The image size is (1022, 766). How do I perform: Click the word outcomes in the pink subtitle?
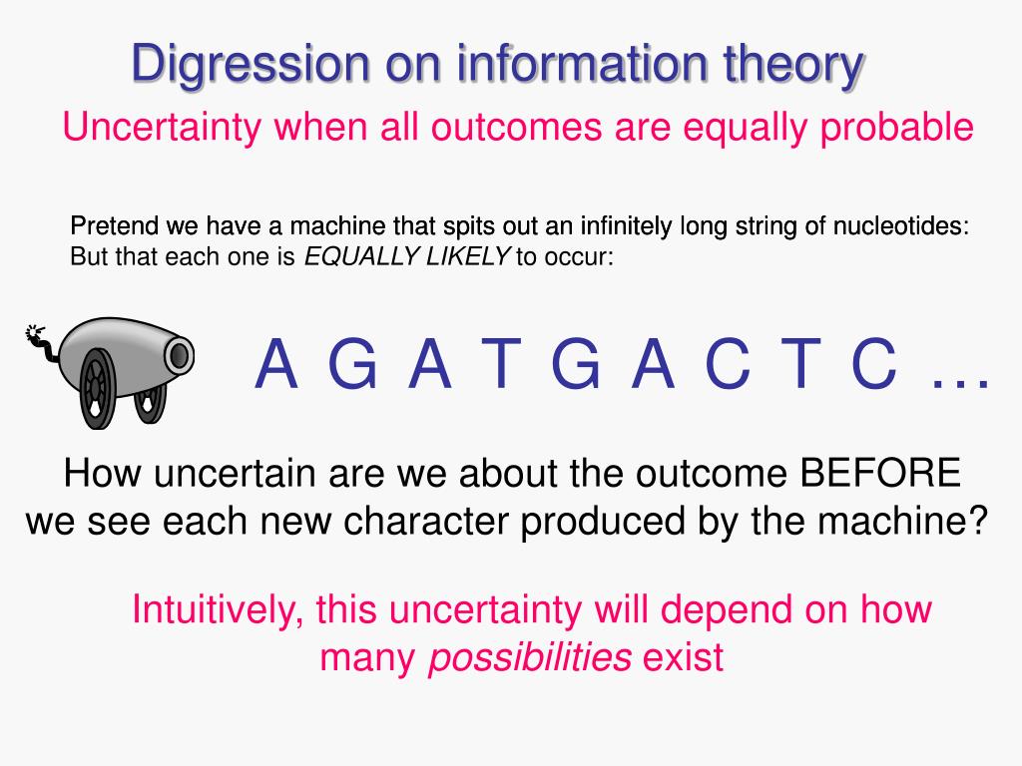click(516, 127)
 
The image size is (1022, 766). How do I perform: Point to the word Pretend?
click(115, 226)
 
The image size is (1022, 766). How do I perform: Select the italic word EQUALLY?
click(362, 256)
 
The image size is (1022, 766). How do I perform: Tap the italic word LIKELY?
click(468, 256)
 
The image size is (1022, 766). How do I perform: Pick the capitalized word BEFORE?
click(880, 473)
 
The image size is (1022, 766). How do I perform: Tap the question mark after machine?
click(978, 520)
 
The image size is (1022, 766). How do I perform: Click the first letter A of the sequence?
click(275, 364)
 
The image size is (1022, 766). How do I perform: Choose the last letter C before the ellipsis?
click(874, 364)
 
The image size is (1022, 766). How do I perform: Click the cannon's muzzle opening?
click(180, 356)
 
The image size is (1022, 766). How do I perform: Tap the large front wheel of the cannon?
click(98, 388)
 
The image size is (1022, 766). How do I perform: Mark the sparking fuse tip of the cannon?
click(33, 333)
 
